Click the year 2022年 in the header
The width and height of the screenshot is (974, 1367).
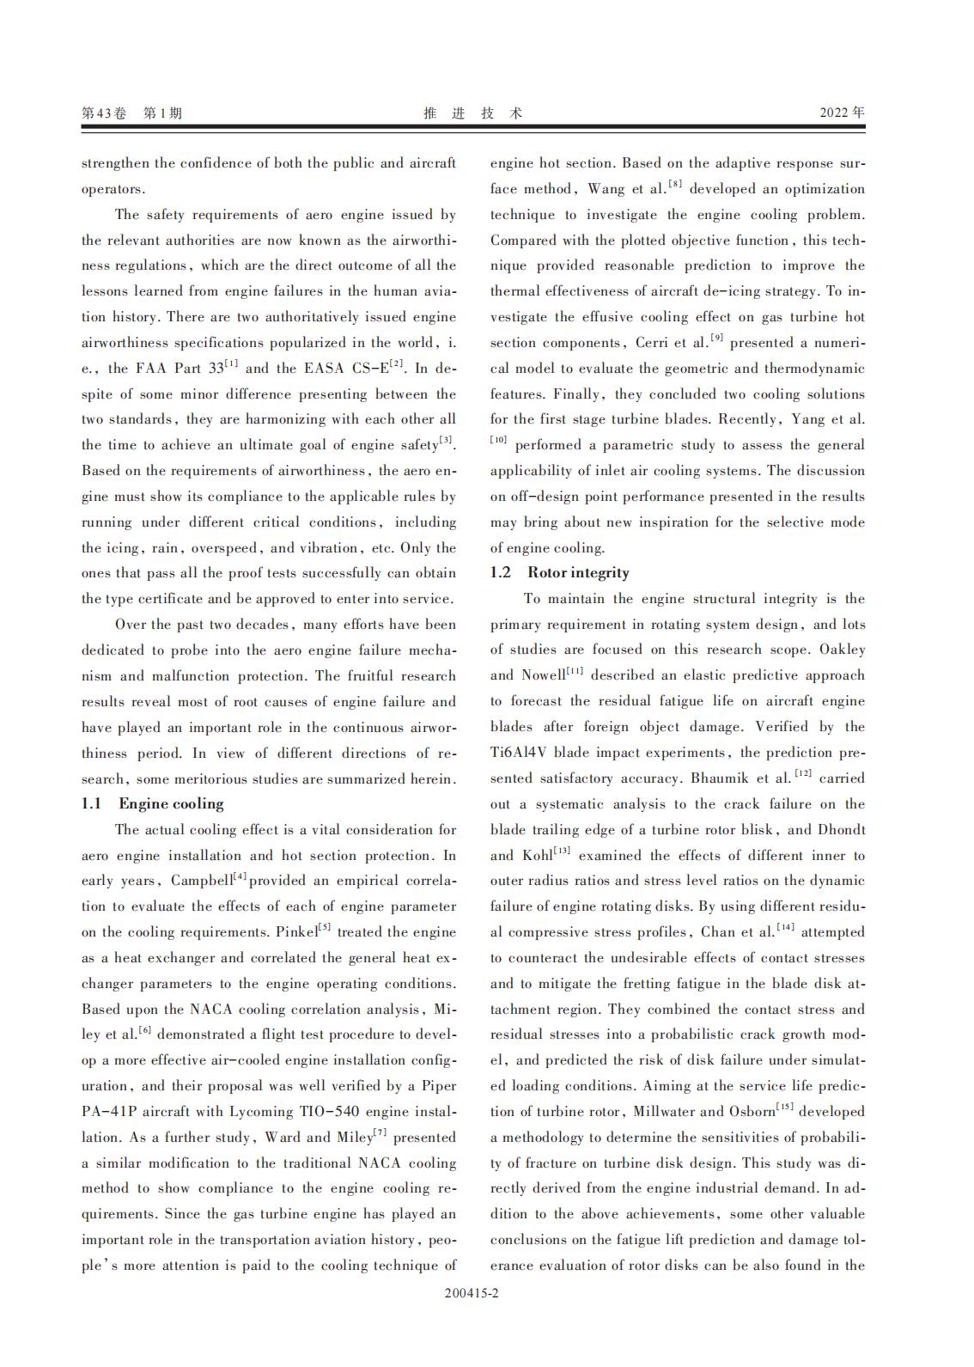[x=842, y=113]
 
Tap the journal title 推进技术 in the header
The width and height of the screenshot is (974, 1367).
[x=472, y=113]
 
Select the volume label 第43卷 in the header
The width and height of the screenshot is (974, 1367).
[x=103, y=113]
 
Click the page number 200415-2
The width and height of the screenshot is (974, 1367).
[x=472, y=1293]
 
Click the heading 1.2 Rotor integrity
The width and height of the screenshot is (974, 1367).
[x=559, y=573]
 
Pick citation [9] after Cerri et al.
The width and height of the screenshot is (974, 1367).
[x=716, y=339]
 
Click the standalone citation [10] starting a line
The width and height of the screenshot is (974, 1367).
[x=498, y=442]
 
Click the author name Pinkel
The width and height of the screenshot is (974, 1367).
[x=297, y=932]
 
